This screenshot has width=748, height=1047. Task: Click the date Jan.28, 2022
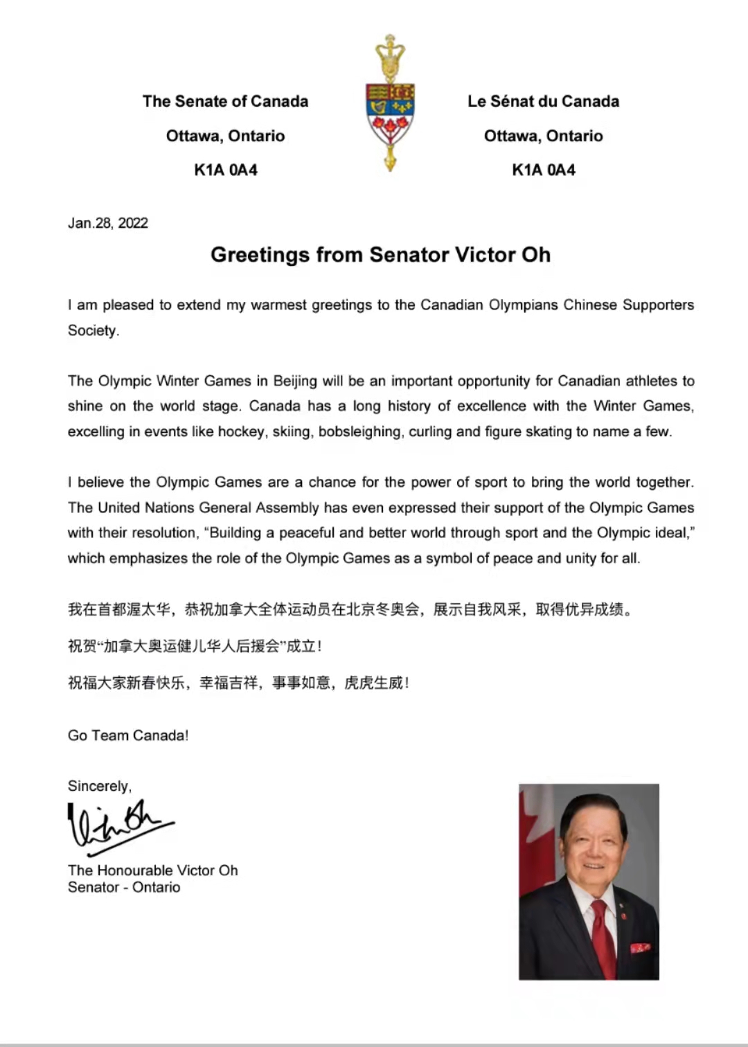point(108,223)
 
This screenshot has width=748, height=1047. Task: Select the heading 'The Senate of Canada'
point(225,101)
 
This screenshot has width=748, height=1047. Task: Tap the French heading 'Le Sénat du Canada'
point(543,101)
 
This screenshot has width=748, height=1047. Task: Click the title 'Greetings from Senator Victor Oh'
point(380,255)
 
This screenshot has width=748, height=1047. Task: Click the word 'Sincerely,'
point(100,786)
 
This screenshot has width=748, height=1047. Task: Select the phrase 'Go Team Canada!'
point(128,735)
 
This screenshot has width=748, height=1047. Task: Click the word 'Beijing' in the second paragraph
point(295,381)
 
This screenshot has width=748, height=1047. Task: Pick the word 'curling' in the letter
point(430,431)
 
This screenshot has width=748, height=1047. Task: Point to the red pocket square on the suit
point(640,947)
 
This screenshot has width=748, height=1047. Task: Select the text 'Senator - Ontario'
point(124,888)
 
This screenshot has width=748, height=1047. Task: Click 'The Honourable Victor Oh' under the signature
point(152,870)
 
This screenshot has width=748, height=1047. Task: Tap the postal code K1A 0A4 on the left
point(225,170)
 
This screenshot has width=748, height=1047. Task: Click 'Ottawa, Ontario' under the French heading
point(543,136)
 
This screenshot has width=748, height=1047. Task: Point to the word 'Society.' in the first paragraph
point(93,330)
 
